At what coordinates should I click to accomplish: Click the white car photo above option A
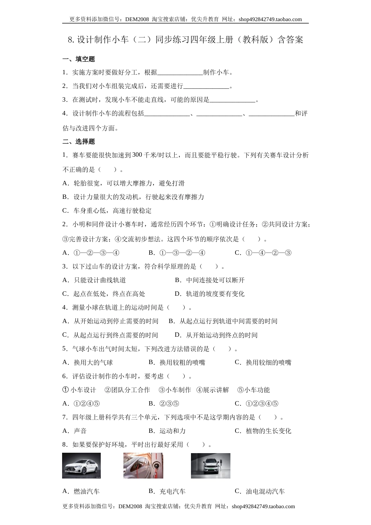81,466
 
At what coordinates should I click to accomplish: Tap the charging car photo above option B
143,466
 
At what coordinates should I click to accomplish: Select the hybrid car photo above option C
210,466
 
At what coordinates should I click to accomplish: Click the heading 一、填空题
78,59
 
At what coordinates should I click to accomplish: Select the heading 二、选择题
78,142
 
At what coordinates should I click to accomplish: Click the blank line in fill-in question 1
180,73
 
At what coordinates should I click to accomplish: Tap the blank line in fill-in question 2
206,87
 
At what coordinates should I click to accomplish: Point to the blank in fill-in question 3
232,100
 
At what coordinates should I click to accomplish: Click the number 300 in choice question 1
137,155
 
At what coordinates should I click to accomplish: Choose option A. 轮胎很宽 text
123,183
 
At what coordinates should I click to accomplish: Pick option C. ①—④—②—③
263,253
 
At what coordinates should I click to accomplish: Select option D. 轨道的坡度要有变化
210,294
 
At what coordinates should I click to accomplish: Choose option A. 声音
75,431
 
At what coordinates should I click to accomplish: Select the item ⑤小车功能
253,390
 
